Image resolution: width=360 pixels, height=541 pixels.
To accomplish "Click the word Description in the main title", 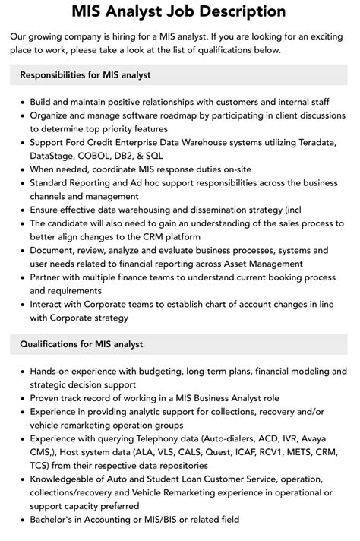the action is click(237, 11).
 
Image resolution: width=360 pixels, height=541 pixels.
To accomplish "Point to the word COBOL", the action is click(101, 155).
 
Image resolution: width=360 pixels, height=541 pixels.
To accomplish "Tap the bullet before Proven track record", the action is click(23, 397).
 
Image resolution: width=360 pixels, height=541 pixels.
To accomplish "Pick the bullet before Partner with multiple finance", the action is click(23, 277).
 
